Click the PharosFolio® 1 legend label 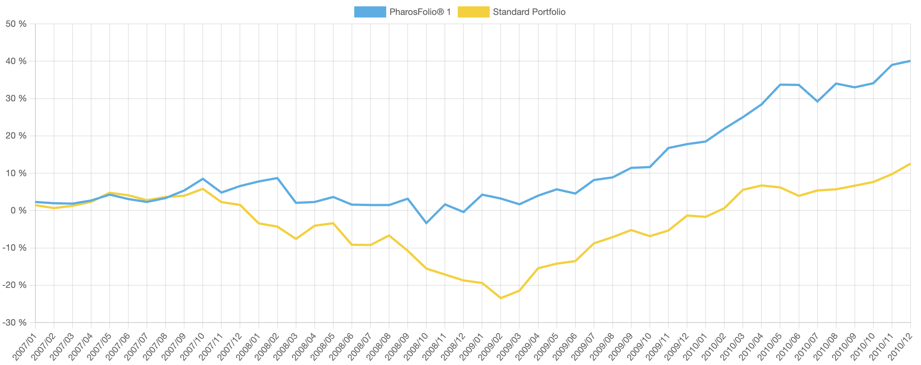click(420, 12)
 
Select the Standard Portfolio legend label click(529, 12)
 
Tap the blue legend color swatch click(370, 12)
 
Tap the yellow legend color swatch click(473, 12)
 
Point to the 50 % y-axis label click(16, 24)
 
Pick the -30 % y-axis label click(15, 323)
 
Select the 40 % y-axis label click(16, 61)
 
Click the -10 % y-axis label click(15, 248)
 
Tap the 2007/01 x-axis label click(25, 347)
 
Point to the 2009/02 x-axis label click(491, 347)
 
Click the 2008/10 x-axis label click(416, 347)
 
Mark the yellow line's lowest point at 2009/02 click(501, 298)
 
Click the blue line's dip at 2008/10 click(426, 223)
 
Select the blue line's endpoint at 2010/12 click(910, 61)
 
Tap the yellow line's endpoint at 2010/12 click(910, 164)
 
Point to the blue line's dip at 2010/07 click(817, 101)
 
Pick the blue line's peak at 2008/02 click(277, 178)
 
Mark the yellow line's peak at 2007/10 click(203, 189)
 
